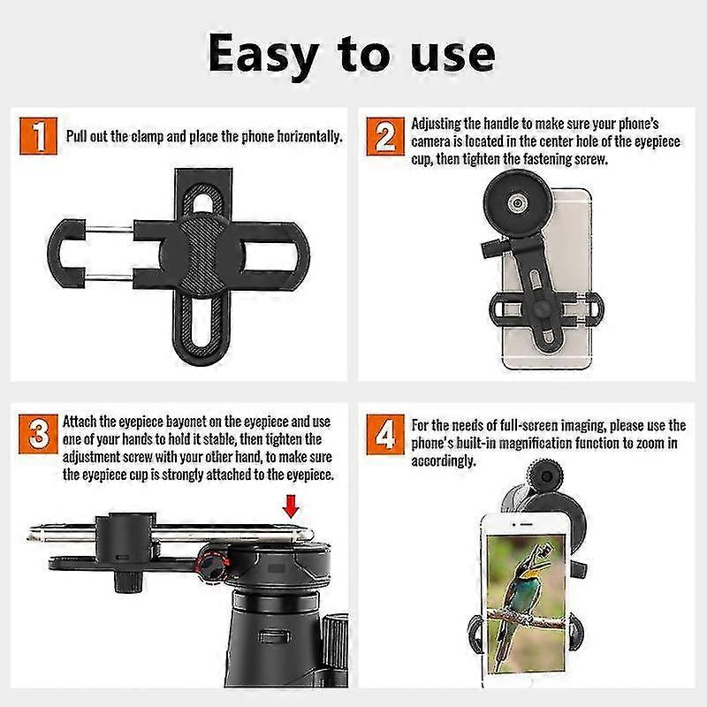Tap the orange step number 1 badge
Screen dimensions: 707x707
[x=37, y=139]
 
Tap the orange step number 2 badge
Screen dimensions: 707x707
[x=385, y=139]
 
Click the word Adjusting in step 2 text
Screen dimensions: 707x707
[x=441, y=124]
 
